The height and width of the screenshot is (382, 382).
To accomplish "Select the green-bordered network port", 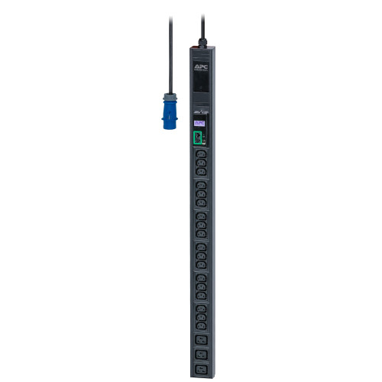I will point(199,138).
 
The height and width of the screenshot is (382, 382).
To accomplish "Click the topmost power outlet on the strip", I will point(201,154).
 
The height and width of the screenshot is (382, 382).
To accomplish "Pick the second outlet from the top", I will point(201,163).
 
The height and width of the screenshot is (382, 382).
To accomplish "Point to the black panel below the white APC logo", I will point(201,90).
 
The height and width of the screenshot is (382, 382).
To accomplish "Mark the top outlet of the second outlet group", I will point(201,186).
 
